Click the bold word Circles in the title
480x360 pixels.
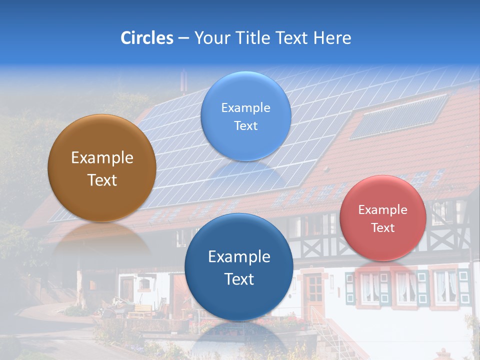(147, 38)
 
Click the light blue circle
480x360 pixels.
(245, 116)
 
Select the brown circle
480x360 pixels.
(102, 168)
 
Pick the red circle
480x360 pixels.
(383, 217)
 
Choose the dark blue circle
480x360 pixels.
(239, 267)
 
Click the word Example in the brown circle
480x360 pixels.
(102, 158)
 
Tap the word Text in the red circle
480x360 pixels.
(383, 228)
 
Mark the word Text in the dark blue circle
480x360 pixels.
(239, 279)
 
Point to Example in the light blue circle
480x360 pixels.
(245, 107)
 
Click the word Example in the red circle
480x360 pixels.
(383, 210)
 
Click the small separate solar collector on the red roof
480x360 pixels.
(398, 116)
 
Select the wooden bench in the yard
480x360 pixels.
(140, 310)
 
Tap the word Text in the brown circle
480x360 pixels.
(102, 180)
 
